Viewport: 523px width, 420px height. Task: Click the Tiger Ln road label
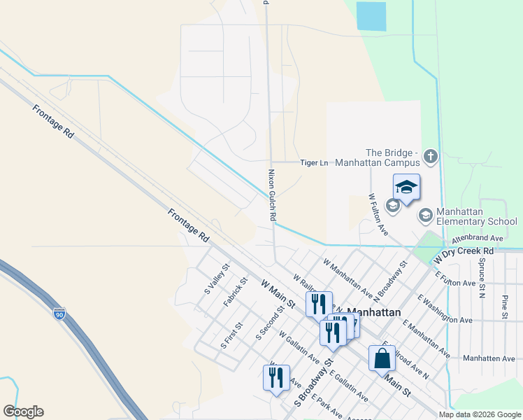(x=314, y=163)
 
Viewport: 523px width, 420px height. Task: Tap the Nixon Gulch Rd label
(x=272, y=195)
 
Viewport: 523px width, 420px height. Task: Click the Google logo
(x=23, y=412)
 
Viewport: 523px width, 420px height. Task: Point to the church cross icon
(x=430, y=155)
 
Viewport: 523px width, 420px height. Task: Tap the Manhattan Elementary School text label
(x=475, y=216)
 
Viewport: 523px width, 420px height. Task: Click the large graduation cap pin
(x=406, y=188)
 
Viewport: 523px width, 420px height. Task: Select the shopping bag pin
(x=382, y=358)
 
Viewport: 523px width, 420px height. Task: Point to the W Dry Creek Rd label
(x=464, y=253)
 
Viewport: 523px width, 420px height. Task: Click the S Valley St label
(x=217, y=279)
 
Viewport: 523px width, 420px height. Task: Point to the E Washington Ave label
(x=445, y=310)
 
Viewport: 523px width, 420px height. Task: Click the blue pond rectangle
(x=371, y=16)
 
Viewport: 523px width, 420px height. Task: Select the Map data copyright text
(x=479, y=414)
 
